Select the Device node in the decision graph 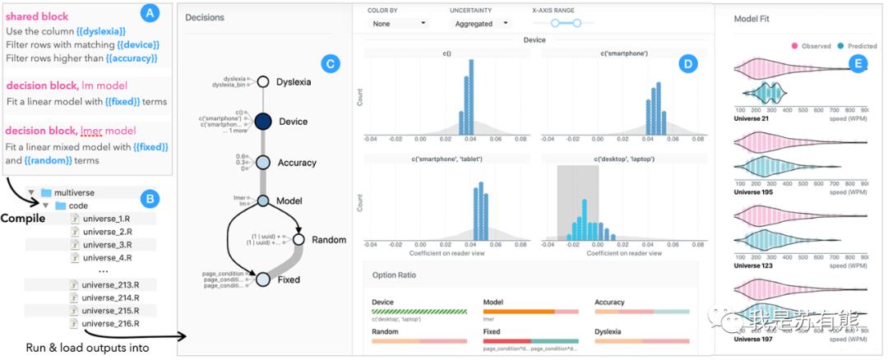click(264, 122)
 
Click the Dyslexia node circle click(264, 81)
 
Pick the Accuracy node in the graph click(264, 163)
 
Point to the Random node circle click(298, 240)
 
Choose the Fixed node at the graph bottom click(264, 279)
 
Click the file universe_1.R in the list click(104, 219)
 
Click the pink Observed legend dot click(794, 46)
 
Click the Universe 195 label click(754, 192)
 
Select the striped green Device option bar click(419, 312)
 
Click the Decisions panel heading click(205, 17)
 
